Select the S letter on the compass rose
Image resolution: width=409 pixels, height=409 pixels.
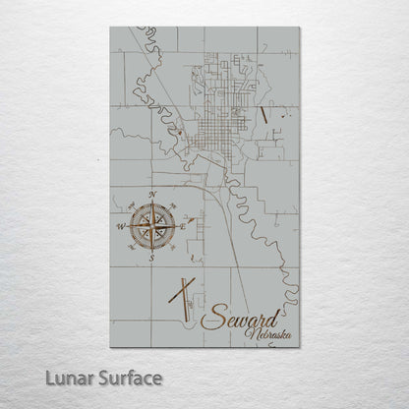[x=152, y=260]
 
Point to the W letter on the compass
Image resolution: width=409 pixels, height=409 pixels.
[x=120, y=227]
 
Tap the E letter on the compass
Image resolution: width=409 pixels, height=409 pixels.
[x=183, y=226]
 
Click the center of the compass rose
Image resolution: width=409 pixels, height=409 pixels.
[x=151, y=227]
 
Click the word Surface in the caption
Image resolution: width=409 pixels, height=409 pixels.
[x=128, y=379]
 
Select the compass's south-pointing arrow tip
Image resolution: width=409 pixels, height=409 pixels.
[x=151, y=253]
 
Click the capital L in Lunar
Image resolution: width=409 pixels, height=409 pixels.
[x=38, y=379]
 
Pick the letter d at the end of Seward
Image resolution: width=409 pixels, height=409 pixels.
[x=278, y=314]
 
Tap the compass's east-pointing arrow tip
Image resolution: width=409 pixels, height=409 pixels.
[x=177, y=227]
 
